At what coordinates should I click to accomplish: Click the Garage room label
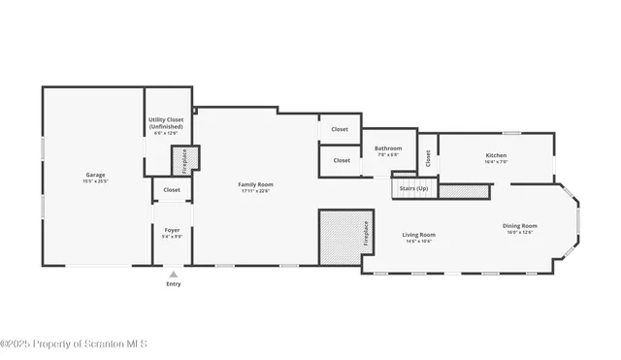95,175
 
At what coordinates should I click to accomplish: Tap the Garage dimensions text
95,181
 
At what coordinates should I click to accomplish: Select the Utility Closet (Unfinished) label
166,123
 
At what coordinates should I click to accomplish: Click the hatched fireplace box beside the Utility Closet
184,159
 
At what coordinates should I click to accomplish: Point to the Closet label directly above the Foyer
172,190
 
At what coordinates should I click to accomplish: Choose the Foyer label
172,229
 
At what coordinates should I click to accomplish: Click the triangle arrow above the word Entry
173,274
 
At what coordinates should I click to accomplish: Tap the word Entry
173,284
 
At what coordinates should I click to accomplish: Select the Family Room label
256,184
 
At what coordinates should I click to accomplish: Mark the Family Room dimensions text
256,191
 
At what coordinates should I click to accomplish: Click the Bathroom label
388,148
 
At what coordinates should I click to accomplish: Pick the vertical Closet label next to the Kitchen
428,157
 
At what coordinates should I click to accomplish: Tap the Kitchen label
496,155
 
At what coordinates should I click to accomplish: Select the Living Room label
419,234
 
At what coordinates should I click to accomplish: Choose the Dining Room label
519,226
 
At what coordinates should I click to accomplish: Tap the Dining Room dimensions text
519,233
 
